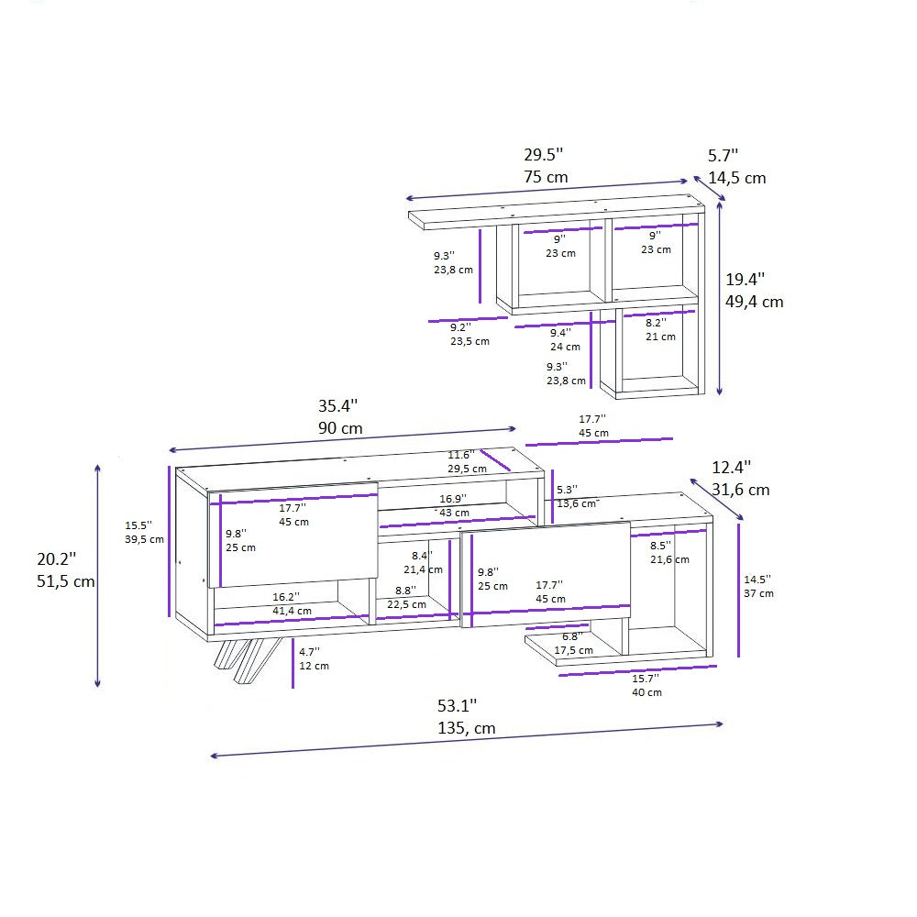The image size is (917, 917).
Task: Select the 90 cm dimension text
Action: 340,428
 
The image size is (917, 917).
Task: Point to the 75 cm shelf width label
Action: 546,177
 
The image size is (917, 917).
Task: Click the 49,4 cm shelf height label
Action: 755,301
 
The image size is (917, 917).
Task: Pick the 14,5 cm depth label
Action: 736,178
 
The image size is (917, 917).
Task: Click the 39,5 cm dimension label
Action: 144,539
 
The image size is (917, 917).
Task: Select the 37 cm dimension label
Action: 758,593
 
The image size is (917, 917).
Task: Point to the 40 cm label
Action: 646,692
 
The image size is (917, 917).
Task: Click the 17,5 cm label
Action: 573,650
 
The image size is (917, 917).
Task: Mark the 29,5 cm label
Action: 467,469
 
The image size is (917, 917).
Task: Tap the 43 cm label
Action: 454,513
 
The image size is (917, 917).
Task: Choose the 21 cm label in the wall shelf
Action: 660,337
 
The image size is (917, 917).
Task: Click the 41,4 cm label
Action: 292,610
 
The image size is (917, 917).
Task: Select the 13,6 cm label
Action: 578,503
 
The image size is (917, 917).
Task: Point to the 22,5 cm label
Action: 404,604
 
